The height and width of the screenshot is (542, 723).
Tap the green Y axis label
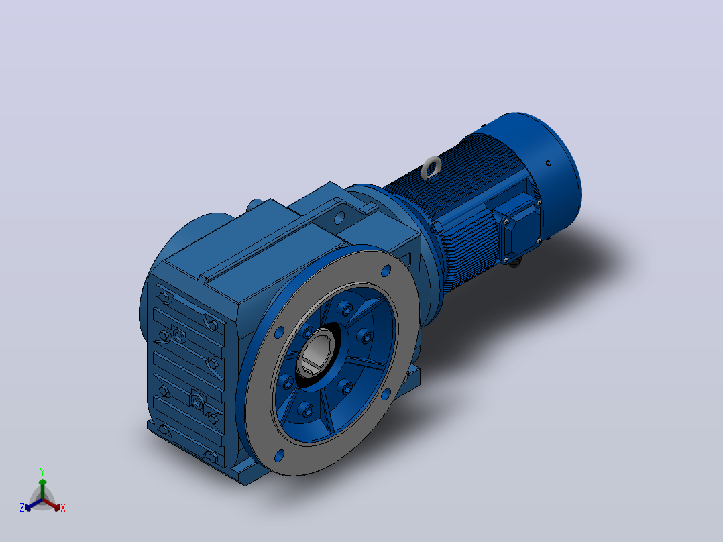[42, 472]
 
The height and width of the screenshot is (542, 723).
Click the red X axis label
[63, 508]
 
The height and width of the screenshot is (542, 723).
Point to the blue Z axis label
[21, 508]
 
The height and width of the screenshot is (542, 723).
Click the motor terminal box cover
[522, 224]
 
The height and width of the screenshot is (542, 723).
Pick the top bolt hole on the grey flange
[386, 271]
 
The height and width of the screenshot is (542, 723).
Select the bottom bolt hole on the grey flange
[279, 455]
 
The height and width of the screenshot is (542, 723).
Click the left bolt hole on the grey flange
[279, 333]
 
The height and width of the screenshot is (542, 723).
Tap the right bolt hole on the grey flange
[386, 394]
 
